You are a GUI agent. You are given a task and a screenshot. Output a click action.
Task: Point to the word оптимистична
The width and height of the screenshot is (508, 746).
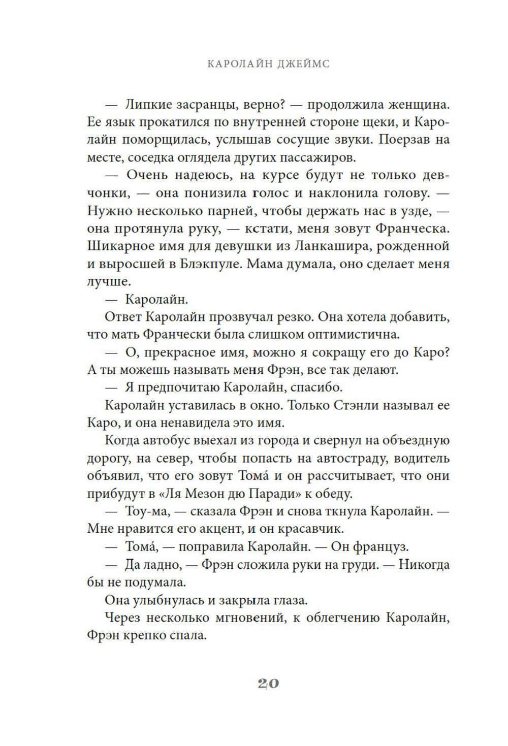click(337, 335)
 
